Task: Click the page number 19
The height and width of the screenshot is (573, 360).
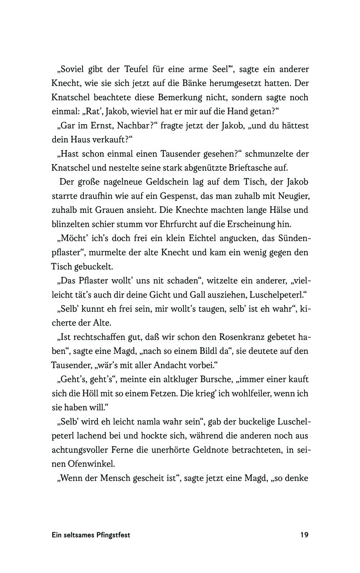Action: (x=304, y=535)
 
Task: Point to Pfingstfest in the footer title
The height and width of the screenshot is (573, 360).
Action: (x=113, y=535)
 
